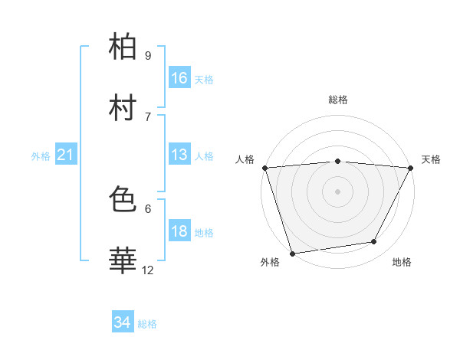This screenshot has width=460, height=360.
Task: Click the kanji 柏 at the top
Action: coord(124,47)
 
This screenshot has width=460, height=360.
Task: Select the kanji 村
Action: coord(124,107)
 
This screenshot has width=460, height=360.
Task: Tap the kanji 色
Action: coord(124,201)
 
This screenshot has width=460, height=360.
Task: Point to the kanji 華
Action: coord(124,260)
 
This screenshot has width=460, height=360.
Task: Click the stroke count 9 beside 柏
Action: coord(147,56)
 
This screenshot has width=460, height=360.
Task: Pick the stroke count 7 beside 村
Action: coord(147,116)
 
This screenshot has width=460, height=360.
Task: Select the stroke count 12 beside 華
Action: coord(148,270)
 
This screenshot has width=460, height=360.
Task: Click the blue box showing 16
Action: coord(179,78)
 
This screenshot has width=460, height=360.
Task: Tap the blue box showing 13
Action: coord(179,155)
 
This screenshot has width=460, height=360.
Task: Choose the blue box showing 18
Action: coord(179,231)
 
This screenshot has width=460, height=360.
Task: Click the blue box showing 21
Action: coord(65,155)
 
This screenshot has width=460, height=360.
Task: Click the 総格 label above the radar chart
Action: coord(338,100)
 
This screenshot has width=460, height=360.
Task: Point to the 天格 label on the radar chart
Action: coord(431,159)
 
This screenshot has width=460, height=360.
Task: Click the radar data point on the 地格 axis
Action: coord(374,242)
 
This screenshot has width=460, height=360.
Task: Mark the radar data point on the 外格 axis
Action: coord(292,253)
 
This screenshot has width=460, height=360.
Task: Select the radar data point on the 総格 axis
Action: coord(338,161)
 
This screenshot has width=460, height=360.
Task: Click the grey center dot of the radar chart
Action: coord(338,191)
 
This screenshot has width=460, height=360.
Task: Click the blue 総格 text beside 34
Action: coord(148,324)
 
